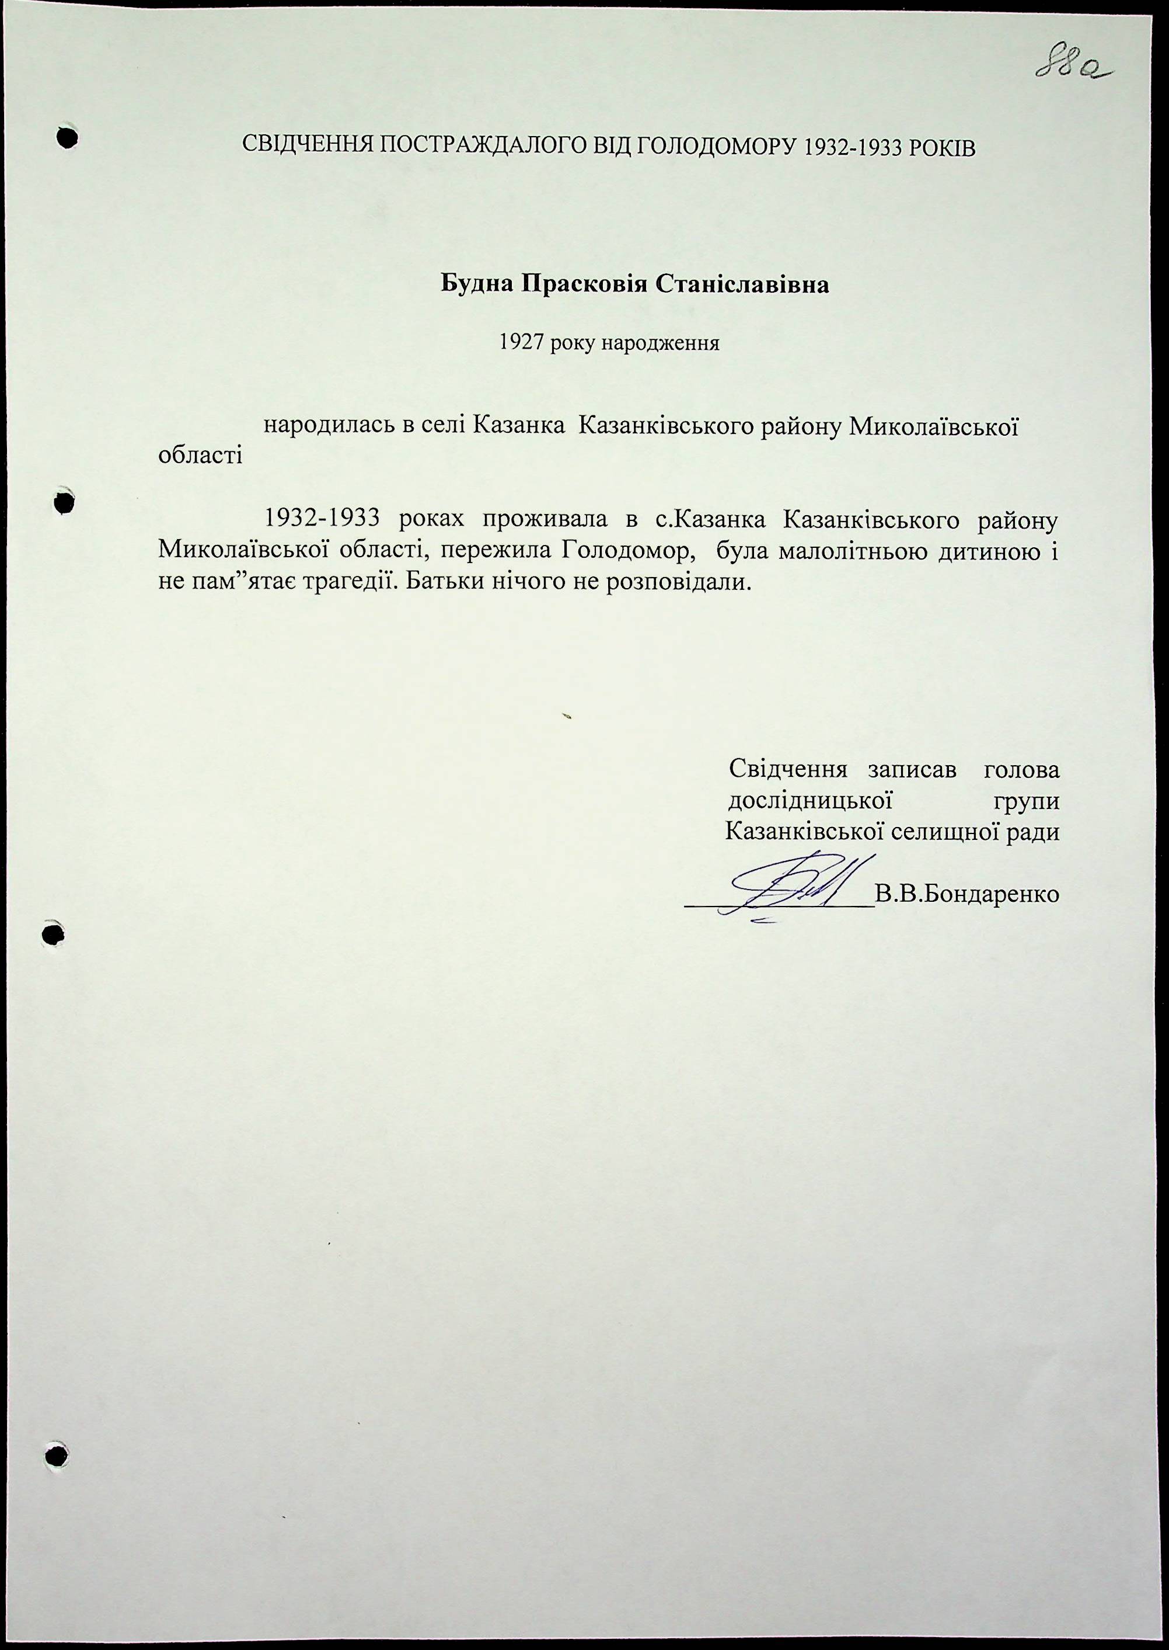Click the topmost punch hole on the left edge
click(67, 138)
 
